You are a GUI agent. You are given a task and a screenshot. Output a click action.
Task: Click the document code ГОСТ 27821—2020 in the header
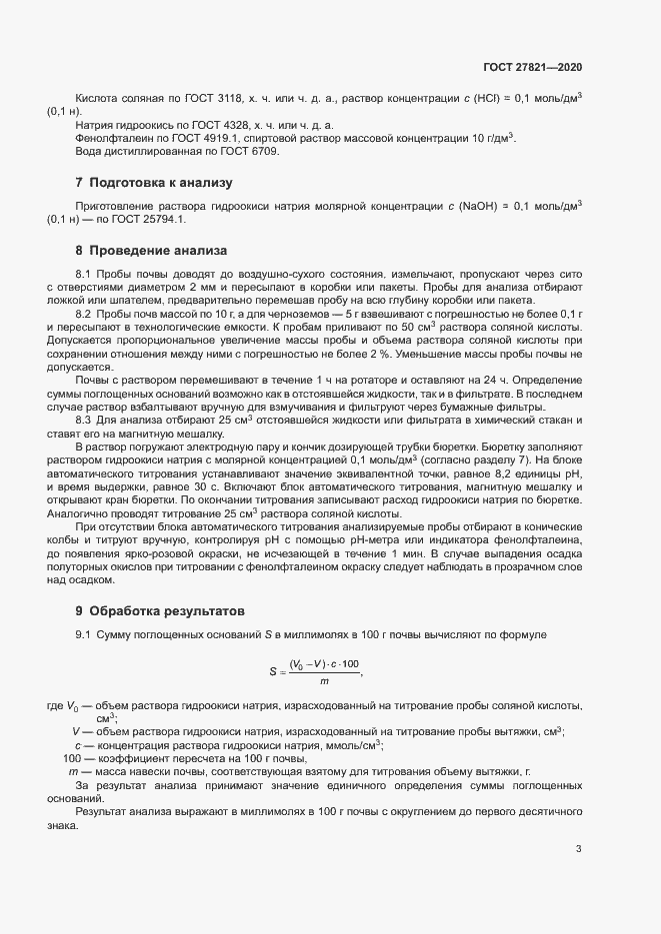tap(530, 67)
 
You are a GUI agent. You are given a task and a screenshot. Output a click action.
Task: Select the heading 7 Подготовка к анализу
tap(140, 183)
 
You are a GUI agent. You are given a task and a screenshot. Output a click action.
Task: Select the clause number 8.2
tap(84, 314)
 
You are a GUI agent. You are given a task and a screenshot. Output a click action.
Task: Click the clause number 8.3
tap(84, 393)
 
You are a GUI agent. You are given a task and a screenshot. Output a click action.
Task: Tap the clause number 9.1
tap(84, 635)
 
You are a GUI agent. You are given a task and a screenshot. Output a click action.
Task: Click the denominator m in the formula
tap(324, 681)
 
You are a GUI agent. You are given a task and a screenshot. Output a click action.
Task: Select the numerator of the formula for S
tap(325, 665)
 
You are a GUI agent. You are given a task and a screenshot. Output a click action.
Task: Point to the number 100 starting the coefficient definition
tap(71, 758)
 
